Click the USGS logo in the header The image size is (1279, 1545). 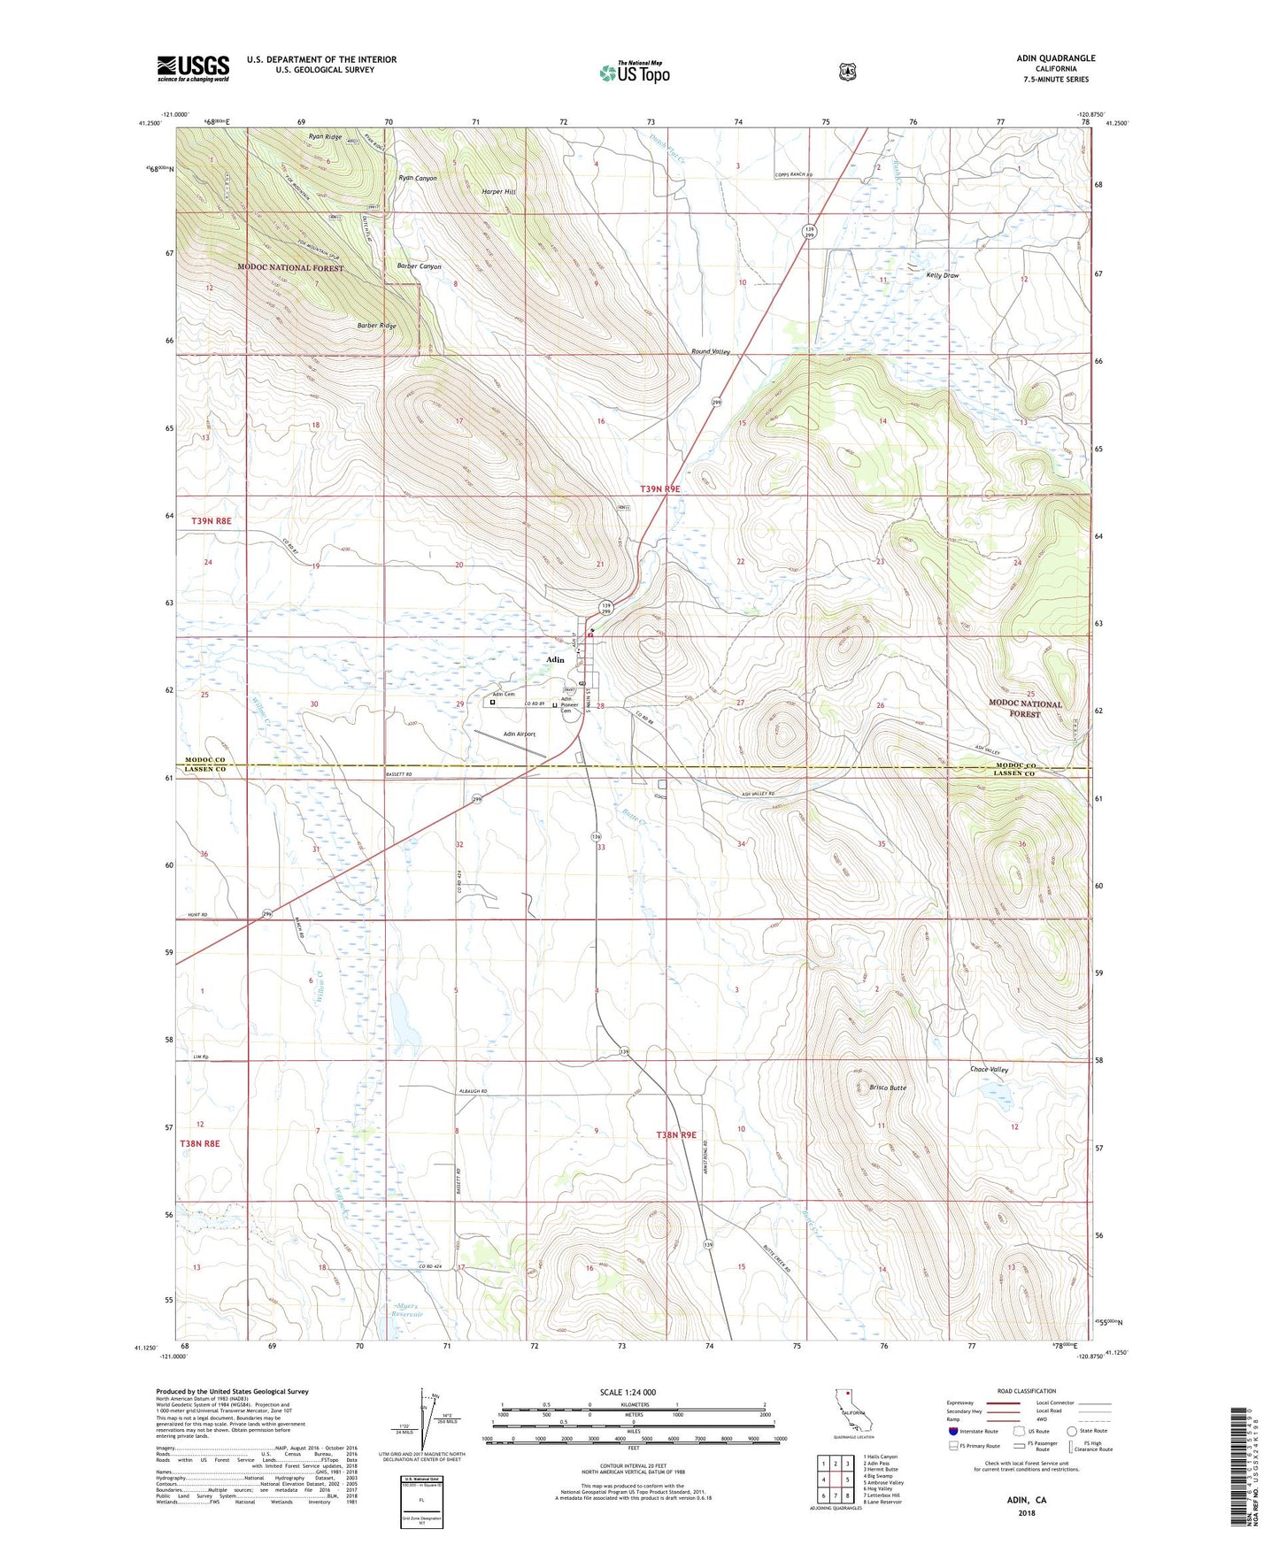(x=193, y=68)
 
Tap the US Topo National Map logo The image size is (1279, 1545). (x=634, y=72)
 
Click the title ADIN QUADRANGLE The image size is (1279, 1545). (x=1055, y=58)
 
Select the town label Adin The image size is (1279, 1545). (x=555, y=660)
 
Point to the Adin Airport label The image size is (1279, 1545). (x=520, y=734)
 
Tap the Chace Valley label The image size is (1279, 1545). (x=990, y=1070)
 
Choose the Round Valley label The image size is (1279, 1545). (x=710, y=352)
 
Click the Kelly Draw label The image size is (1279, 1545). (x=943, y=275)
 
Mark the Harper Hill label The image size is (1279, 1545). (x=498, y=192)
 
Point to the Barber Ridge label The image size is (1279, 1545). (x=376, y=326)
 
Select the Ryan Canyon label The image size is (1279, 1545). (x=418, y=178)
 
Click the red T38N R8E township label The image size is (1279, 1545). (x=199, y=1143)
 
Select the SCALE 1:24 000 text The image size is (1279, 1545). (x=628, y=1392)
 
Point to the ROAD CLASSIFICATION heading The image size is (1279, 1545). (x=1026, y=1391)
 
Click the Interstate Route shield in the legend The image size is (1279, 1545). (x=952, y=1430)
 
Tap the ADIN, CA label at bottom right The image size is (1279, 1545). (x=1026, y=1500)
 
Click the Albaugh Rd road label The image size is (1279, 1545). (x=473, y=1092)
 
